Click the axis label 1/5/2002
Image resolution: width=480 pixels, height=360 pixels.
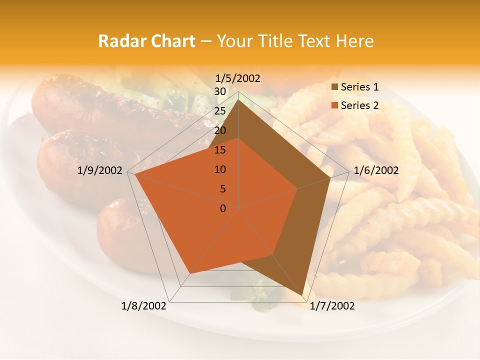coord(238,78)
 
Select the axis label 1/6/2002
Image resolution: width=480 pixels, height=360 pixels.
coord(376,170)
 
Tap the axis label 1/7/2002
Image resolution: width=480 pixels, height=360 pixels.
coord(332,306)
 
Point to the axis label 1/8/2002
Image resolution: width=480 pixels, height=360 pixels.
coord(144,306)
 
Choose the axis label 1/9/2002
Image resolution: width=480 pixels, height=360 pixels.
coord(100,170)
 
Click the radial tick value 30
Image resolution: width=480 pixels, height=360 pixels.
coord(220,91)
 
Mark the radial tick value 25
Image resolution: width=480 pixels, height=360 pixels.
coord(220,111)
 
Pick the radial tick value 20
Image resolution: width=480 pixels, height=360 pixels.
coord(220,130)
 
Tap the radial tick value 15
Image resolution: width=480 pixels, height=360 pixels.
coord(220,150)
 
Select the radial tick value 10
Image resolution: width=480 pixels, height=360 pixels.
coord(220,169)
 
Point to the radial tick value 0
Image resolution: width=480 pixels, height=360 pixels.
coord(223,208)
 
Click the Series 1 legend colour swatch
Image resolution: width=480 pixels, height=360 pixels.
coord(334,87)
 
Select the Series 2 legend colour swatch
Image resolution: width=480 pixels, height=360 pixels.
coord(334,106)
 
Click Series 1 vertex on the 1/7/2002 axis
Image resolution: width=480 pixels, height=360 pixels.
coord(302,295)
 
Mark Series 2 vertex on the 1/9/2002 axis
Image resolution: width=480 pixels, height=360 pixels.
coord(135,174)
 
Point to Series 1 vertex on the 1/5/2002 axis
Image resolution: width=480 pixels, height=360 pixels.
coord(238,100)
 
